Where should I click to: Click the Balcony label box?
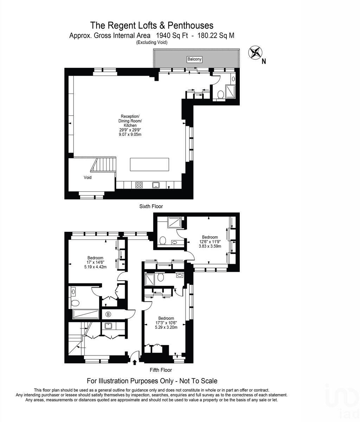pos(194,59)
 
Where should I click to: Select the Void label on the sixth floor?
pos(88,178)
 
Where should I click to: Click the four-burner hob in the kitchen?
pos(139,185)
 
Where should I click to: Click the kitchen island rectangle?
pos(149,164)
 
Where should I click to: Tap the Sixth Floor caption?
pos(151,206)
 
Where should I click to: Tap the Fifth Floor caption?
pos(161,370)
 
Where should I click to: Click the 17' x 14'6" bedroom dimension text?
pos(95,262)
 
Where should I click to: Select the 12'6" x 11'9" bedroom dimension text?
pos(210,242)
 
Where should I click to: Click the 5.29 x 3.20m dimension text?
pos(166,327)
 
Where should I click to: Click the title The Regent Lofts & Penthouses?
pos(152,25)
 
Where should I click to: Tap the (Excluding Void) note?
pos(152,43)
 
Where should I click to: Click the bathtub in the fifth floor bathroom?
pos(85,314)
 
